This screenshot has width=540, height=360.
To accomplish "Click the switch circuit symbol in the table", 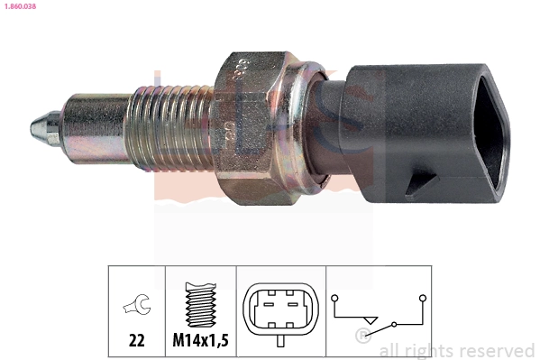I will click(x=379, y=311).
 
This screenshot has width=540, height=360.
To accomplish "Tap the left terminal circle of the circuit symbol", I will click(x=335, y=296).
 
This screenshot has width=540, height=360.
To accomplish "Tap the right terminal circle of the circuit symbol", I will click(x=421, y=296).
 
